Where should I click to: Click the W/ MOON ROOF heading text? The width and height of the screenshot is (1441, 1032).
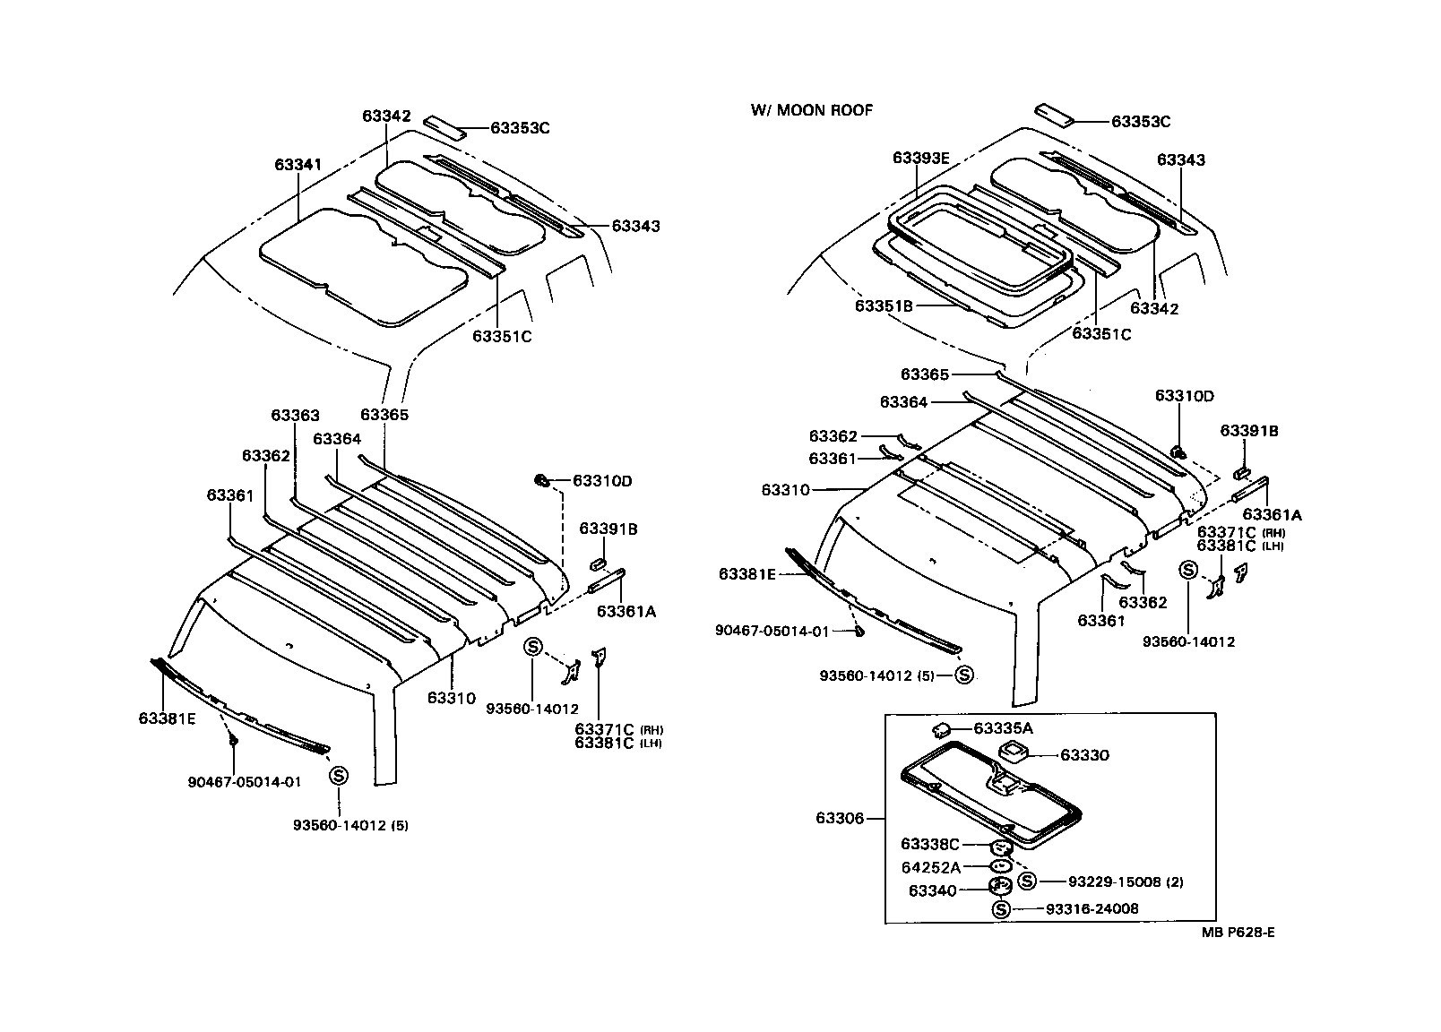[811, 110]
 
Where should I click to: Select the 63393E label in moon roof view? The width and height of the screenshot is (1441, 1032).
[920, 158]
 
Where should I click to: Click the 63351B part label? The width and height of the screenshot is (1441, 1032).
[883, 305]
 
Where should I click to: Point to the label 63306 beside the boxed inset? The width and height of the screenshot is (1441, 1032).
[840, 818]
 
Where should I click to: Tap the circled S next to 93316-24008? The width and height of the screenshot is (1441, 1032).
[1001, 909]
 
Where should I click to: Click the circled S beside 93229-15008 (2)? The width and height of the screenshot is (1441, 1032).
[1027, 881]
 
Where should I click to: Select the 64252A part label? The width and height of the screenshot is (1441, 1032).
[930, 867]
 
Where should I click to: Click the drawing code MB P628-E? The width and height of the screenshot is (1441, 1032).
[1238, 933]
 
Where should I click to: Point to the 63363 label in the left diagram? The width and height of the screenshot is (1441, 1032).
[295, 416]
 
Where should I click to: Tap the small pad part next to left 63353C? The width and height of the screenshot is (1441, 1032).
[444, 125]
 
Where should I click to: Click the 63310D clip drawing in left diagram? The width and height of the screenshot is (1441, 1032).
[541, 482]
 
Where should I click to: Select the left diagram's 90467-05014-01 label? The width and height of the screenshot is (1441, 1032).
[244, 781]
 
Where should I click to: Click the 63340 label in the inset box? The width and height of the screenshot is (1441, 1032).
[932, 890]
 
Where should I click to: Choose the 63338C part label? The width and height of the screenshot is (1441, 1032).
[929, 844]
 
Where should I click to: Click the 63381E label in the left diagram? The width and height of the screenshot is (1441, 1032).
[167, 718]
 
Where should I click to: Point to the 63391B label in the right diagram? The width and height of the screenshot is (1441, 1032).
[1248, 431]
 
